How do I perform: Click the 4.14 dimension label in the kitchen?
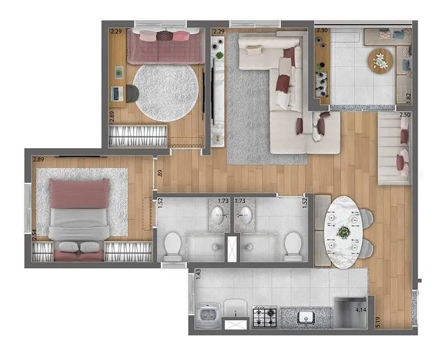click(361, 310)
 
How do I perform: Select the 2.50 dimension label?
click(405, 115)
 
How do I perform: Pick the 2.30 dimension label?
click(321, 31)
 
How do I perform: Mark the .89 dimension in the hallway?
click(160, 172)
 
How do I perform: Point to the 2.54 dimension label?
click(34, 234)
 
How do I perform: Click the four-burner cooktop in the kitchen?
click(264, 317)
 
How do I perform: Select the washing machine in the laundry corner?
click(207, 317)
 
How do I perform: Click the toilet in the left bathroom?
click(172, 245)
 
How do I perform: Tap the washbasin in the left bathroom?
click(219, 214)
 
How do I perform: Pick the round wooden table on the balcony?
click(381, 60)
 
